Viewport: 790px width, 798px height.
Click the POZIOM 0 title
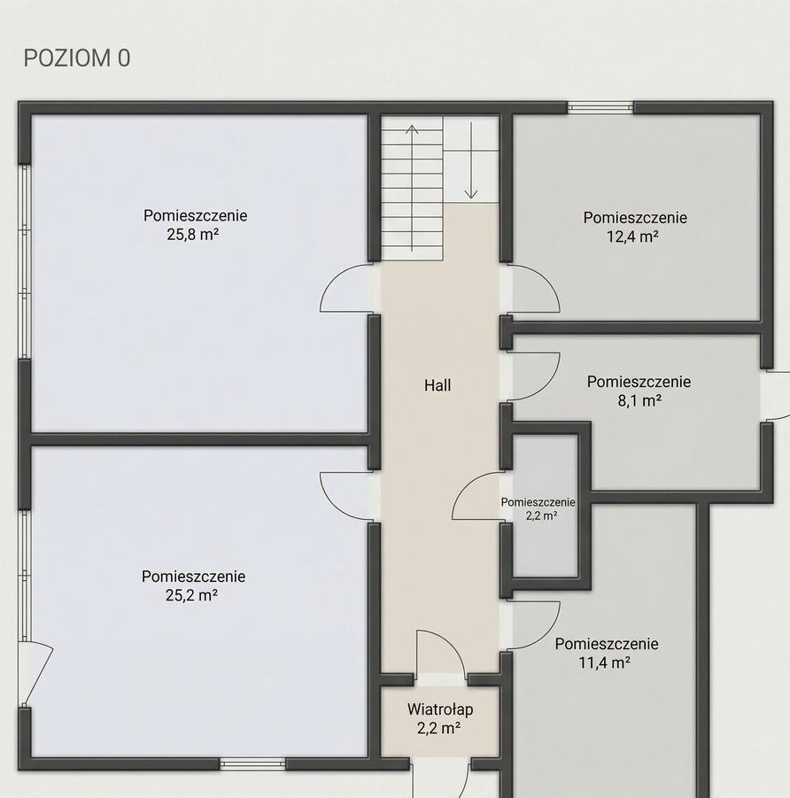pyautogui.click(x=77, y=58)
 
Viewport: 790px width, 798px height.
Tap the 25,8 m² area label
pyautogui.click(x=193, y=235)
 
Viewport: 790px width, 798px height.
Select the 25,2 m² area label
pyautogui.click(x=192, y=595)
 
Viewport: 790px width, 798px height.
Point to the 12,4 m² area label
pyautogui.click(x=632, y=236)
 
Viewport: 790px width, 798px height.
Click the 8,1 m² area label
pyautogui.click(x=639, y=401)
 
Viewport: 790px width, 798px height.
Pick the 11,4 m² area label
pyautogui.click(x=605, y=662)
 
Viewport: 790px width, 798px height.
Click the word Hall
pyautogui.click(x=438, y=385)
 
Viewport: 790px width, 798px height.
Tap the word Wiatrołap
pyautogui.click(x=440, y=709)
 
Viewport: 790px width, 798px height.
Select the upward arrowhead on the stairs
pyautogui.click(x=412, y=129)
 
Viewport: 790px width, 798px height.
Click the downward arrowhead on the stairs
pyautogui.click(x=471, y=193)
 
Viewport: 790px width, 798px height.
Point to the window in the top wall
pyautogui.click(x=600, y=107)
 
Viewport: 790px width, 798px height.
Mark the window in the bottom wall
pyautogui.click(x=252, y=763)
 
